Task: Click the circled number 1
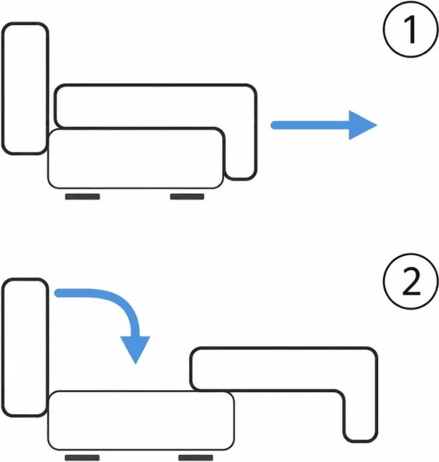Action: point(411,29)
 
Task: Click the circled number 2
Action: point(411,281)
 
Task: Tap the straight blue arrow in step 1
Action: point(323,125)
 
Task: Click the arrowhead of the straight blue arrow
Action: point(362,125)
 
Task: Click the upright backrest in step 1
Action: point(25,88)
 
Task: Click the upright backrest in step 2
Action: point(25,347)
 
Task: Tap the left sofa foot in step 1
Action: point(82,196)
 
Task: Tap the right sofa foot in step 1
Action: point(187,196)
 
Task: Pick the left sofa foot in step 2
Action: point(82,457)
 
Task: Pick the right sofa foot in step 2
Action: point(196,457)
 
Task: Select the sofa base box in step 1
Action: point(135,158)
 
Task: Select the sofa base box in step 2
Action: point(141,421)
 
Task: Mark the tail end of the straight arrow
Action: point(274,125)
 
